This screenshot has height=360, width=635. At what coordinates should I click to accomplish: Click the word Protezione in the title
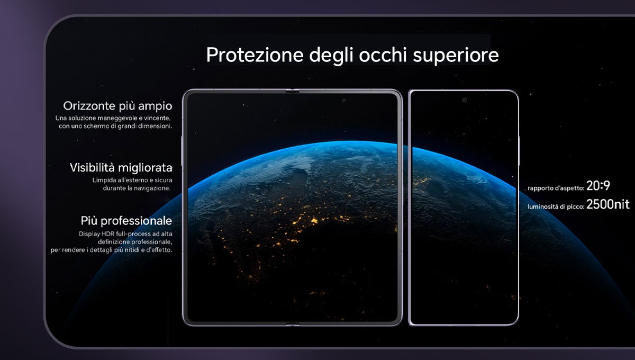[x=255, y=55]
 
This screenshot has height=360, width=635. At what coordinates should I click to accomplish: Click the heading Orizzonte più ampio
[x=117, y=106]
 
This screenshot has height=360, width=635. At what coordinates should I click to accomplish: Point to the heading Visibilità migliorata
[x=121, y=168]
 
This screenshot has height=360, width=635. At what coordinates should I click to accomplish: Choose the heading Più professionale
[x=126, y=221]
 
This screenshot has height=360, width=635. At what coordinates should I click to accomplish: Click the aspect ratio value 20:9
[x=598, y=186]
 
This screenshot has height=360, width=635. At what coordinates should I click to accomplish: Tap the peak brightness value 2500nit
[x=608, y=204]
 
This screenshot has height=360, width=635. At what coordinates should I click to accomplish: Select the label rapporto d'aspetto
[x=556, y=188]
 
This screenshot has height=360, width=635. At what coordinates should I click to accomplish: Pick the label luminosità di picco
[x=556, y=207]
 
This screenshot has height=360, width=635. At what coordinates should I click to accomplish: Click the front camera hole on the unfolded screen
[x=344, y=100]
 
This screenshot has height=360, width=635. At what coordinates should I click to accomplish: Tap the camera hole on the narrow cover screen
[x=465, y=100]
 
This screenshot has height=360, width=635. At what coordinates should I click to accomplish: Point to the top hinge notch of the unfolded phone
[x=292, y=91]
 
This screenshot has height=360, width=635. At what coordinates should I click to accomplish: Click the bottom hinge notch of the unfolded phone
[x=292, y=325]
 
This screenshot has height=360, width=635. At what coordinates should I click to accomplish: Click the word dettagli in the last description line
[x=101, y=250]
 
